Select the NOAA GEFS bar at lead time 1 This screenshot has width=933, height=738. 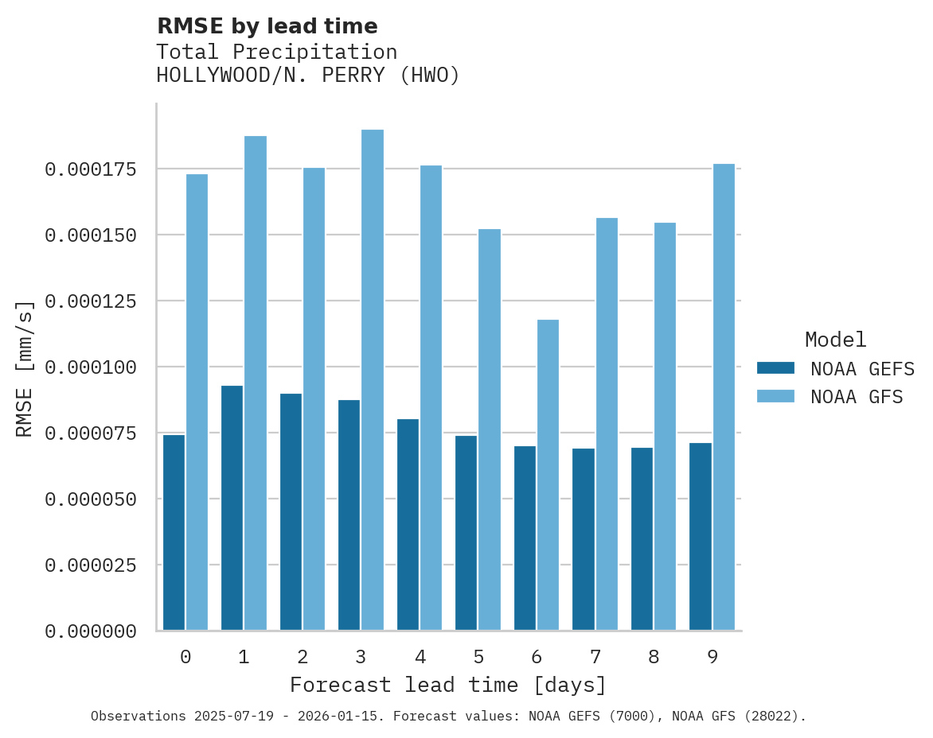point(232,508)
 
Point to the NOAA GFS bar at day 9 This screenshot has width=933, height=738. point(724,397)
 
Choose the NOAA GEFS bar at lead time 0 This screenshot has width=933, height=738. point(174,533)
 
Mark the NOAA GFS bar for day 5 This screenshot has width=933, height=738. point(490,429)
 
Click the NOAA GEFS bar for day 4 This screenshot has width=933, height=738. point(408,525)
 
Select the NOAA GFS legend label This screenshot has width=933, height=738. point(857,397)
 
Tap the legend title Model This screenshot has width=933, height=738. point(835,340)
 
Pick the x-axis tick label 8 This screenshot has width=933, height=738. point(654,657)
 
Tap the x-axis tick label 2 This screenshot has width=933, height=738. point(303,657)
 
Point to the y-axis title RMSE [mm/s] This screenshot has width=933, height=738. point(25,368)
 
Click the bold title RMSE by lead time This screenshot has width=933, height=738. point(267,26)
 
